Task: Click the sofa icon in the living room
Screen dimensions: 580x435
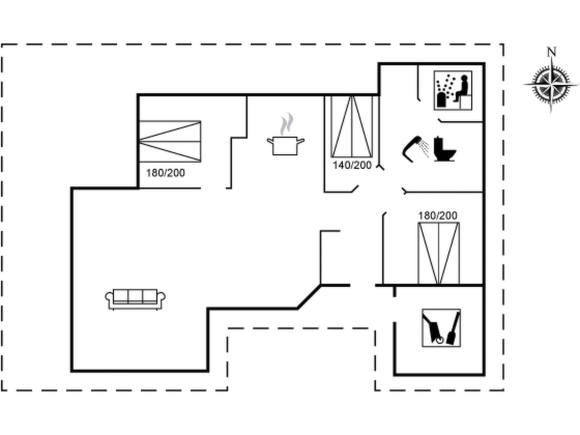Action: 135,299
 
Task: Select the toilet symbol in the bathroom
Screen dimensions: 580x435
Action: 445,149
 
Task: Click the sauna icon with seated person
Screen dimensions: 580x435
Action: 453,90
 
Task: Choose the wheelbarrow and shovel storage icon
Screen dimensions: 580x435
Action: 441,328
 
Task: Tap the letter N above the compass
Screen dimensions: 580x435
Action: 551,52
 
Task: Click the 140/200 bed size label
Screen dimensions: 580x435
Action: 352,165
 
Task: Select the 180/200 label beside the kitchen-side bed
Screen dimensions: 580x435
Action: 165,173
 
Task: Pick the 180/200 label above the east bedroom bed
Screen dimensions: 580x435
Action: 438,216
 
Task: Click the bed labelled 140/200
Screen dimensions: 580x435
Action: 351,126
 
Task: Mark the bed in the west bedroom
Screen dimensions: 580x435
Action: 170,142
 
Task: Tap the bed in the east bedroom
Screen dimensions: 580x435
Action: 438,253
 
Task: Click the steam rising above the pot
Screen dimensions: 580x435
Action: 287,124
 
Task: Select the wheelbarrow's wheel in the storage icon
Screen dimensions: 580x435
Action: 440,340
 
